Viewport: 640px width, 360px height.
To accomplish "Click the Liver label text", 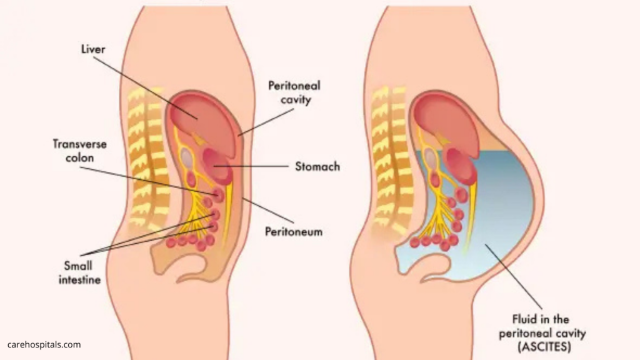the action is [x=93, y=49].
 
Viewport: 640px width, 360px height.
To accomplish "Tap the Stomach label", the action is [x=317, y=166].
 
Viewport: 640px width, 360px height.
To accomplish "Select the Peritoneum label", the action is [x=294, y=232].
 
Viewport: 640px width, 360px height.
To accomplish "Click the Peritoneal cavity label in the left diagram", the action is [x=294, y=92].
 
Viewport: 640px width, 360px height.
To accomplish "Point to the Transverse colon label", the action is [x=79, y=151].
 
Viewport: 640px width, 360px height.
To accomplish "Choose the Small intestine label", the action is [x=79, y=272].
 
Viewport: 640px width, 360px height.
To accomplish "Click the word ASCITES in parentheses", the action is [x=544, y=347].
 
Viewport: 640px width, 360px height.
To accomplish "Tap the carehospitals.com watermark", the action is [x=44, y=344].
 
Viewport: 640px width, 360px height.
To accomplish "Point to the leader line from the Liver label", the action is [x=146, y=88].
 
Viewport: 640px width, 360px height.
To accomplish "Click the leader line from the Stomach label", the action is [x=251, y=166].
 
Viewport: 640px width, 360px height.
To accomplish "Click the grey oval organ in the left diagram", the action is [x=186, y=157].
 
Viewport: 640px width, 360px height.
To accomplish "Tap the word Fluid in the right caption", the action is [x=524, y=319].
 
